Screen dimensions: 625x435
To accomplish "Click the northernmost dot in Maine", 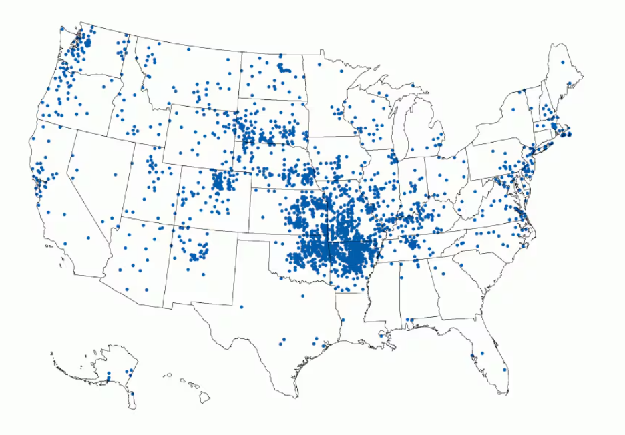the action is click(562, 62).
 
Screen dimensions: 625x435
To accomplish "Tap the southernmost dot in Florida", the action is click(505, 370).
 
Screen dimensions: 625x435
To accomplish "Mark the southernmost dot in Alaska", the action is click(132, 394).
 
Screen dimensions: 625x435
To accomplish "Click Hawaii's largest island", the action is click(204, 398).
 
